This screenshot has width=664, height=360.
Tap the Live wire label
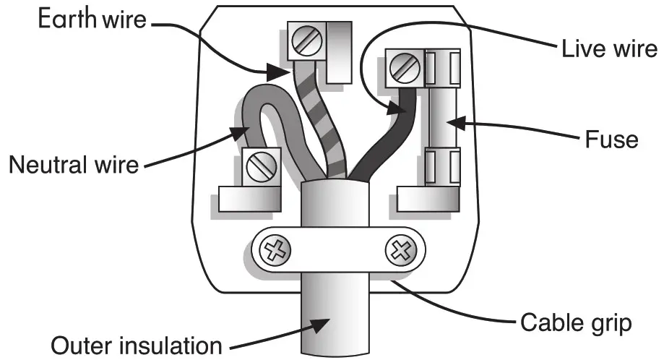[x=609, y=48]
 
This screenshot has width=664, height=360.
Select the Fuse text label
[x=612, y=138]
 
